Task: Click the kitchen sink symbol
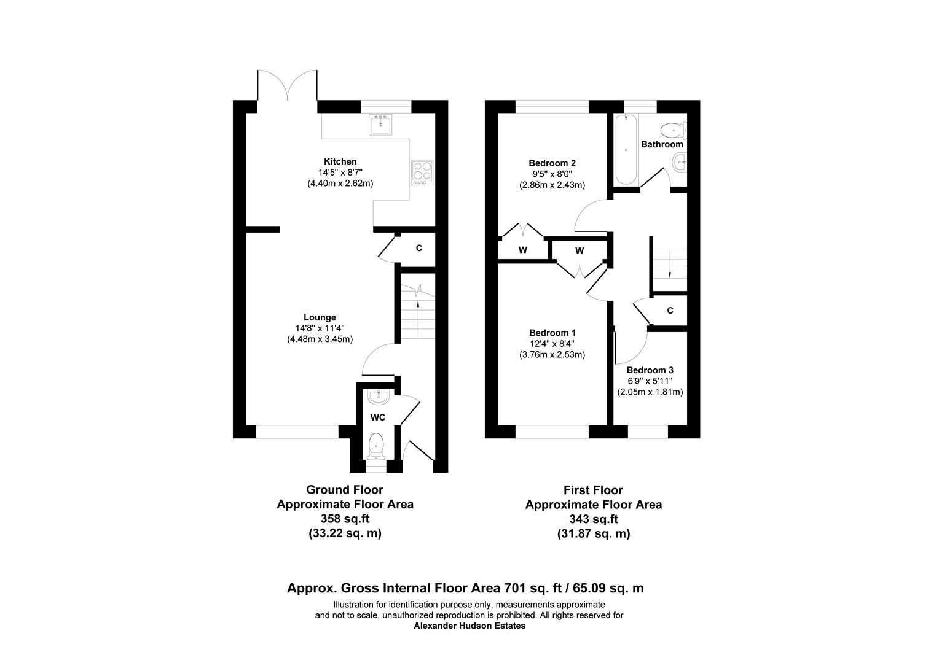381,125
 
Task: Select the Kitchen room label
340,161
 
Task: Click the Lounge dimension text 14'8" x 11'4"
320,328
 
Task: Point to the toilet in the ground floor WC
375,445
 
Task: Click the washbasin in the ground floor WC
378,398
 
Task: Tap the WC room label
377,417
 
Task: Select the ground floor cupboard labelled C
418,249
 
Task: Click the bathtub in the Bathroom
625,149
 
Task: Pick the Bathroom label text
662,144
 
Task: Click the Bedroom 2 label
552,163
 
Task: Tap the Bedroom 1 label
552,333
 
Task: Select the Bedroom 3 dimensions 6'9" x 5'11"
650,381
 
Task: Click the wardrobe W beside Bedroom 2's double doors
522,250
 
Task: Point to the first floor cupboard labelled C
670,311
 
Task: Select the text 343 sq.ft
593,519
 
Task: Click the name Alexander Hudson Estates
469,626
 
